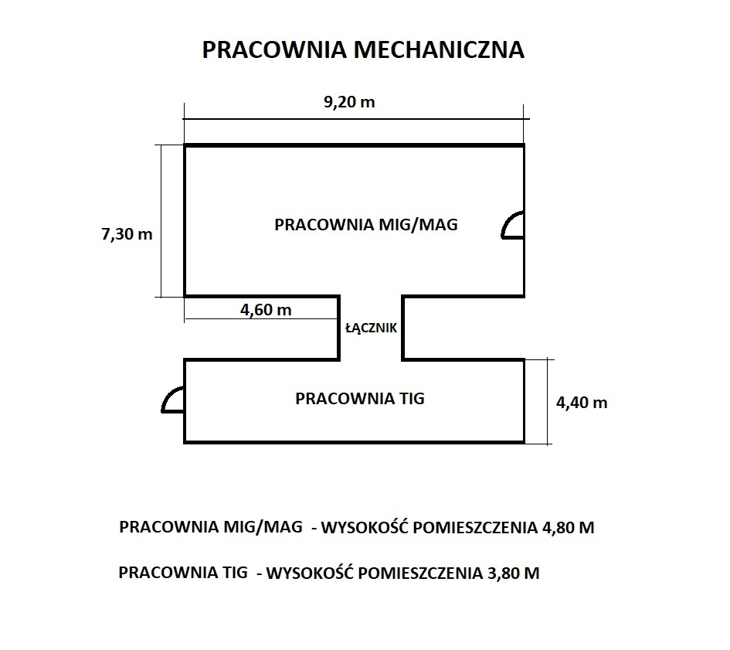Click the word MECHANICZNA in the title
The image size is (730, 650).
(439, 50)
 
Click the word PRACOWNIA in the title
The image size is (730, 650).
(275, 50)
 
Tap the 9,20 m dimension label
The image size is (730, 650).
(349, 102)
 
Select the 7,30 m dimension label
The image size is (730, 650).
(127, 234)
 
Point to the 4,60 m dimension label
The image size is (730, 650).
(266, 310)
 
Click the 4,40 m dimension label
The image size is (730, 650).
(582, 403)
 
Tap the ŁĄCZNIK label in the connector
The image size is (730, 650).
(371, 328)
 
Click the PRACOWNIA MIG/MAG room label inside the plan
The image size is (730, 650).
(366, 225)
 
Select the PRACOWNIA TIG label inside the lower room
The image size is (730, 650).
(360, 398)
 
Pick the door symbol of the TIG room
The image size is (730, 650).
(166, 396)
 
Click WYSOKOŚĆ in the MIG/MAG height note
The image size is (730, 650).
(365, 527)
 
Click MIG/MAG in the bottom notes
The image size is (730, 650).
(263, 527)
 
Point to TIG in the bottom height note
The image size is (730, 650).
(234, 572)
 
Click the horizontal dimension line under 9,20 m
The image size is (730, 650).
(355, 119)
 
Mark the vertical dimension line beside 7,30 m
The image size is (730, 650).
(161, 221)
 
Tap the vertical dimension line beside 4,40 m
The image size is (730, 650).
(548, 402)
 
